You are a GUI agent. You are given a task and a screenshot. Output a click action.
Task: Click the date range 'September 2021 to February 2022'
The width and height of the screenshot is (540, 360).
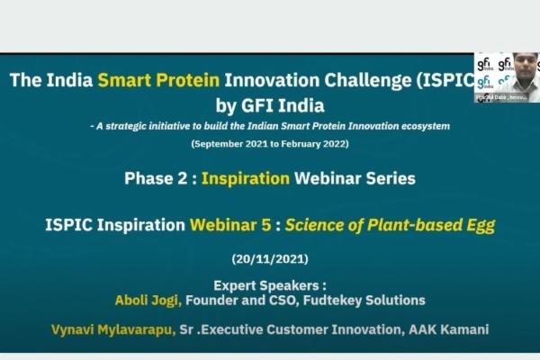click(268, 144)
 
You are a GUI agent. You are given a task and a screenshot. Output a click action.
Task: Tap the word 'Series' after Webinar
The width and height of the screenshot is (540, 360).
click(385, 178)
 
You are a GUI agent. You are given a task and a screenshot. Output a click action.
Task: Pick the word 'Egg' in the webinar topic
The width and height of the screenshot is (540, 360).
click(479, 226)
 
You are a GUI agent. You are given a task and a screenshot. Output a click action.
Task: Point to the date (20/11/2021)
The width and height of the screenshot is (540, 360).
click(268, 258)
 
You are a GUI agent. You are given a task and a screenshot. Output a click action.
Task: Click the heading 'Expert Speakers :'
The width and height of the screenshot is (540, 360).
click(269, 283)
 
